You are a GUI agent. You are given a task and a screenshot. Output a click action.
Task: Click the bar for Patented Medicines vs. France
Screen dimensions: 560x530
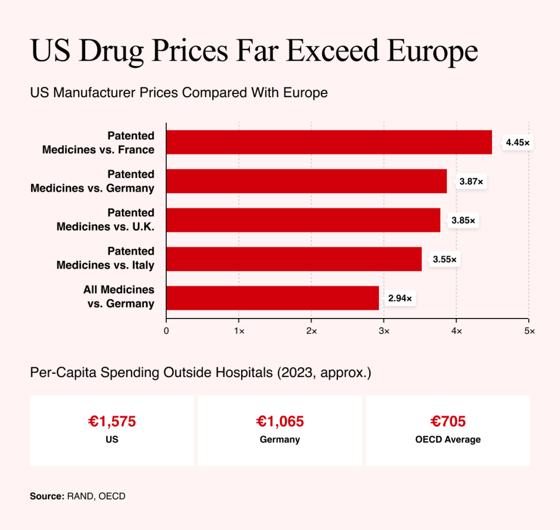pyautogui.click(x=329, y=142)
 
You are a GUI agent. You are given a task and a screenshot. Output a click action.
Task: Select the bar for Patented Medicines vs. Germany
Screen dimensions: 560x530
pyautogui.click(x=306, y=181)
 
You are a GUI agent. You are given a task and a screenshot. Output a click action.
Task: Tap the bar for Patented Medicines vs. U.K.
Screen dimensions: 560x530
pyautogui.click(x=303, y=220)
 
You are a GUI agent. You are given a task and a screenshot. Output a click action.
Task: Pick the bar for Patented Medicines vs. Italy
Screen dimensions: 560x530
pyautogui.click(x=294, y=259)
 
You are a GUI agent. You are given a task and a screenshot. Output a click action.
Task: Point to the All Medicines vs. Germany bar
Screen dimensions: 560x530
pyautogui.click(x=272, y=298)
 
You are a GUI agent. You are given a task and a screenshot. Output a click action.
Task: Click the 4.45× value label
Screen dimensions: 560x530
pyautogui.click(x=517, y=143)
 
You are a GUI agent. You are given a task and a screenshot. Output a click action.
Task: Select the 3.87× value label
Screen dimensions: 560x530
pyautogui.click(x=471, y=181)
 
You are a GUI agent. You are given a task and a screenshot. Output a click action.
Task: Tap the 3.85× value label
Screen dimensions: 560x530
pyautogui.click(x=463, y=220)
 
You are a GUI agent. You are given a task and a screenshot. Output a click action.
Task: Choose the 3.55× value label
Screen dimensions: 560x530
pyautogui.click(x=445, y=259)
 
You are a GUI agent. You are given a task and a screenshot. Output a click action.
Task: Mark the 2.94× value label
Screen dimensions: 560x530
pyautogui.click(x=400, y=298)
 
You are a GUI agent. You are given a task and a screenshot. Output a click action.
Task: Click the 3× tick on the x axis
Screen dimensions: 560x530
pyautogui.click(x=384, y=331)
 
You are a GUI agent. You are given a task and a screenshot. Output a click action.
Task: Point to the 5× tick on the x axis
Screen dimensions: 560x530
pyautogui.click(x=529, y=331)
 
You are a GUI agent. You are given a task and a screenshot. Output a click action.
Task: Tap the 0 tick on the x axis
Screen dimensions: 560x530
pyautogui.click(x=166, y=331)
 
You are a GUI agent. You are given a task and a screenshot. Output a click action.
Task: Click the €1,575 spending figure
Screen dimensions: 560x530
pyautogui.click(x=112, y=421)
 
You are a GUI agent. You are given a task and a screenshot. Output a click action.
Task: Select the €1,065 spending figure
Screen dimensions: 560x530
pyautogui.click(x=280, y=421)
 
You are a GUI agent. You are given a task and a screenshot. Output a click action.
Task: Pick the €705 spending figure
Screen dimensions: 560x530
pyautogui.click(x=448, y=421)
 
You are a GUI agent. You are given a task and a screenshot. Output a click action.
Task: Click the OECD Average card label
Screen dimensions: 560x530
pyautogui.click(x=448, y=439)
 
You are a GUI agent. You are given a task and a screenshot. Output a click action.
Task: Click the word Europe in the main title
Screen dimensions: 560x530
pyautogui.click(x=433, y=51)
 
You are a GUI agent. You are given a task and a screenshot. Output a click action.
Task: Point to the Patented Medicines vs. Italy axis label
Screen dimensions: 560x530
pyautogui.click(x=106, y=258)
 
